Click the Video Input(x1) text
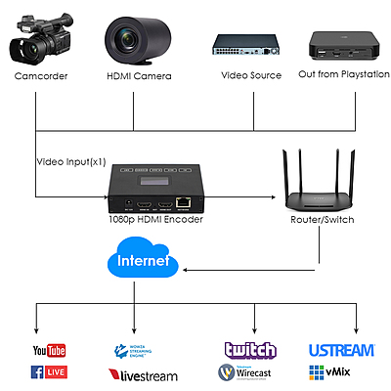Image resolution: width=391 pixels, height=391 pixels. click(71, 161)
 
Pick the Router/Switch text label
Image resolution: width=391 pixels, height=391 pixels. click(320, 220)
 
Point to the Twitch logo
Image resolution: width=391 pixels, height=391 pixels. click(250, 350)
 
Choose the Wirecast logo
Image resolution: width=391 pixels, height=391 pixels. click(250, 372)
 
